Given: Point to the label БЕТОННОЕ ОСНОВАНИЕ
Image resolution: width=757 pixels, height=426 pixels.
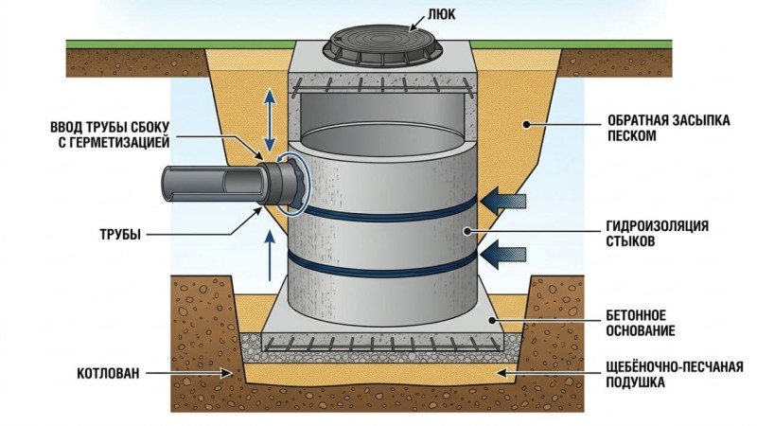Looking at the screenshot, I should (x=641, y=322).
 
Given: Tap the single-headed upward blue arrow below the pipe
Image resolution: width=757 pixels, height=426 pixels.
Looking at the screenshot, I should (x=271, y=257).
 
